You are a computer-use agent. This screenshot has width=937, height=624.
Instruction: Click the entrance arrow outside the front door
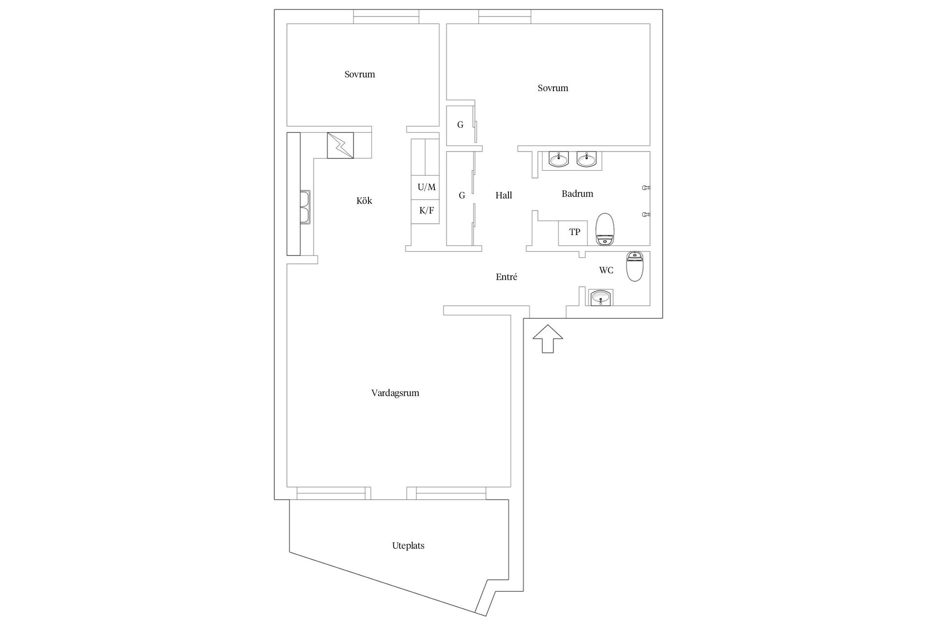coord(548,338)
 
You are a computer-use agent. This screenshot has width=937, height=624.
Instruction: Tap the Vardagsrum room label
coord(395,393)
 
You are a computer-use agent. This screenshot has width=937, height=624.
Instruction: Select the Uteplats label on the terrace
coord(408,546)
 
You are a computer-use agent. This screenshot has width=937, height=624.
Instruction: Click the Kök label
coord(364,201)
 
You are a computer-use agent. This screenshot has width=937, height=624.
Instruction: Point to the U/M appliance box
coord(426,187)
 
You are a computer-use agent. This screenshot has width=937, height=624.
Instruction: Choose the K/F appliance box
coord(426,211)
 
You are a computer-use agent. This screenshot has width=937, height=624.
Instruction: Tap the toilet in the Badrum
coord(605,228)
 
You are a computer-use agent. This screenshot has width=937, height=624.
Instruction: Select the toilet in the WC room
coord(635,266)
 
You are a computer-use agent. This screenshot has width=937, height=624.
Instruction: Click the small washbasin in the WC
coord(600,297)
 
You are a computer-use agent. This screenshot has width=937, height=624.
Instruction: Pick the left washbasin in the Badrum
coord(558,159)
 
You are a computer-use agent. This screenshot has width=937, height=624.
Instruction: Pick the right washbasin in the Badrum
coord(586,159)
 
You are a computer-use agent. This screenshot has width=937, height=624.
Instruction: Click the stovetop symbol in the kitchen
coord(340,145)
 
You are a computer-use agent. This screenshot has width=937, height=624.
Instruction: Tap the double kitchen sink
coord(306,207)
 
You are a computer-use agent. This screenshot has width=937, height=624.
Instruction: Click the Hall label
coord(504,195)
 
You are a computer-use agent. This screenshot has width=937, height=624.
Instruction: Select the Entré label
coord(507,277)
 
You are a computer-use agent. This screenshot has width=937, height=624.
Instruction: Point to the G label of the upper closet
coord(460,125)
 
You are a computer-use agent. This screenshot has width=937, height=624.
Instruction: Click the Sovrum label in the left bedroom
coord(360,75)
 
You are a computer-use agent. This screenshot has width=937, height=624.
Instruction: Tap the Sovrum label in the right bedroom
coord(553,88)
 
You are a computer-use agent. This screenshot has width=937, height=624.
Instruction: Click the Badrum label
coord(577,194)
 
